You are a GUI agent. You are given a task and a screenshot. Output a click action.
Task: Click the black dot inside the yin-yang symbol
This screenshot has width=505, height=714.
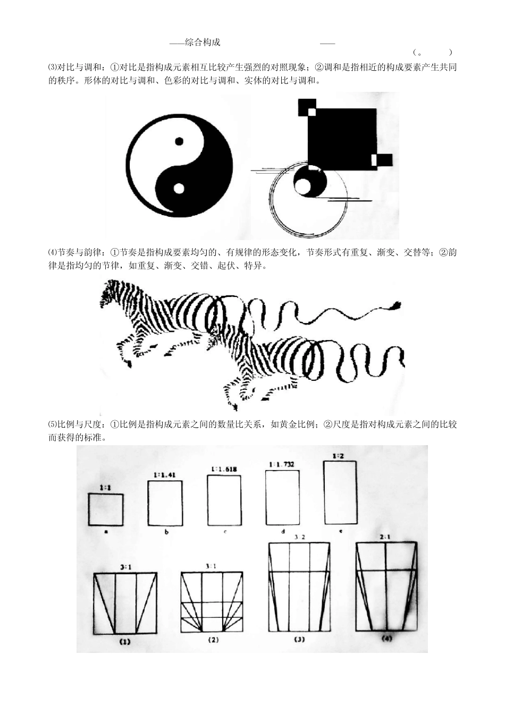tap(179, 141)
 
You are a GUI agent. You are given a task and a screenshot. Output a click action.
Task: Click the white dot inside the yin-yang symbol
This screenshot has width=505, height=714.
tap(179, 188)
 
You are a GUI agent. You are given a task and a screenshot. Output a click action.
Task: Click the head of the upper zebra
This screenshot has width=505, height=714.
tap(108, 295)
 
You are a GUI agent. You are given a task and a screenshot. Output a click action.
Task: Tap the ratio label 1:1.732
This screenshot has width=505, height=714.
tap(282, 464)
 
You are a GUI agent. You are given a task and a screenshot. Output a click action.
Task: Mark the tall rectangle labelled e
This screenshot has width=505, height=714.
tap(340, 492)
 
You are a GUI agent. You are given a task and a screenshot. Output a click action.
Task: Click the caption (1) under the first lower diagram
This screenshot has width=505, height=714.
tap(124, 641)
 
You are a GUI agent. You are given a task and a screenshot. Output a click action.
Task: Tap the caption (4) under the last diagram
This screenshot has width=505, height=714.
tap(386, 638)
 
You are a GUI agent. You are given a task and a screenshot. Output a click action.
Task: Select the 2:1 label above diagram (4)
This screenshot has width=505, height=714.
tap(385, 537)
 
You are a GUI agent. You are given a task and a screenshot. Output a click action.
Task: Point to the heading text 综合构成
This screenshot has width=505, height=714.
tap(203, 42)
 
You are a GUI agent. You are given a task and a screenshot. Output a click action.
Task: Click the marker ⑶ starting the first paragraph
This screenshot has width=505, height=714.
tap(52, 67)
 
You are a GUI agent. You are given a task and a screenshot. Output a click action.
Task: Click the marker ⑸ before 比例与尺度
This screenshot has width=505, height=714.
tap(52, 424)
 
